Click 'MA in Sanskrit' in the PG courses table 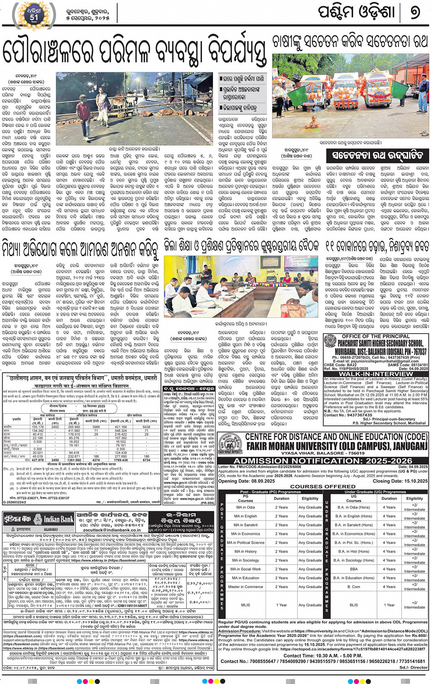pyautogui.click(x=245, y=525)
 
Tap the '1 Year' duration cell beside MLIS pyautogui.click(x=281, y=605)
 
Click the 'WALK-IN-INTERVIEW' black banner pyautogui.click(x=376, y=374)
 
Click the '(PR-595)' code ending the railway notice pyautogui.click(x=208, y=503)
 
